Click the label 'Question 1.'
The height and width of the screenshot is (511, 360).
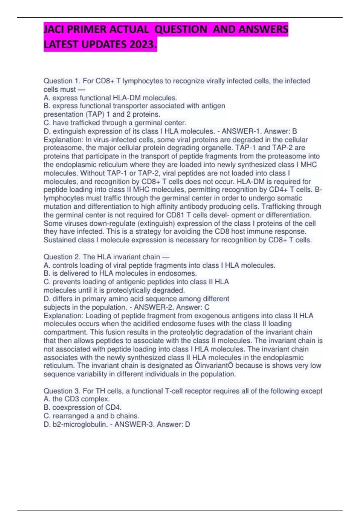[x=62, y=81]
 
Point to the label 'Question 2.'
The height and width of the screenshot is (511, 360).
[x=62, y=257]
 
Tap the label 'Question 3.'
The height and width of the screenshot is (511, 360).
[x=62, y=391]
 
